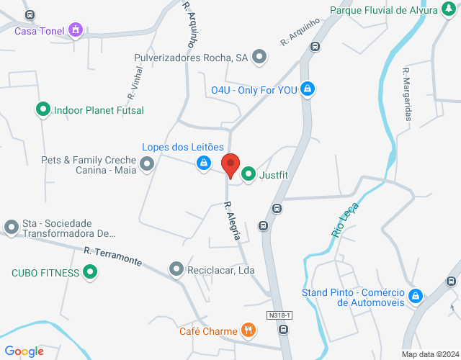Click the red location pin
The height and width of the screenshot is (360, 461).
click(x=230, y=165)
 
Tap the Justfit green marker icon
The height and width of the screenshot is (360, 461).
click(x=249, y=174)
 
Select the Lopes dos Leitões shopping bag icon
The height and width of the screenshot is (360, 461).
click(x=204, y=163)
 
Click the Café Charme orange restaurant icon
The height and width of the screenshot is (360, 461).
click(x=249, y=330)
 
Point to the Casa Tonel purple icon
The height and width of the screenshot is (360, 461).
click(x=75, y=30)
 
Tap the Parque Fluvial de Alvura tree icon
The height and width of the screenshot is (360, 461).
click(x=449, y=10)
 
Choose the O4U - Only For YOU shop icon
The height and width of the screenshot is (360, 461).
click(x=308, y=89)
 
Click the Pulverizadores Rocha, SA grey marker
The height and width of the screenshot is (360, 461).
click(x=260, y=56)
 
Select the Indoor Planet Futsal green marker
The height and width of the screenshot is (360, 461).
click(x=43, y=110)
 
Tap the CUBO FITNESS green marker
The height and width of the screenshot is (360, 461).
click(x=90, y=272)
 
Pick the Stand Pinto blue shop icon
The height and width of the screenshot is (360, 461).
click(x=415, y=297)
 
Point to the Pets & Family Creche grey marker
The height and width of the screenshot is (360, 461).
click(x=148, y=165)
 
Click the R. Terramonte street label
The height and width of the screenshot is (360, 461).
click(x=112, y=256)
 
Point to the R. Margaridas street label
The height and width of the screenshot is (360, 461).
click(x=408, y=94)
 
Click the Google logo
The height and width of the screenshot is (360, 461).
click(x=24, y=351)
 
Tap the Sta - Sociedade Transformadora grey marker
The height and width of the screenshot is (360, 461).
click(x=11, y=228)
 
